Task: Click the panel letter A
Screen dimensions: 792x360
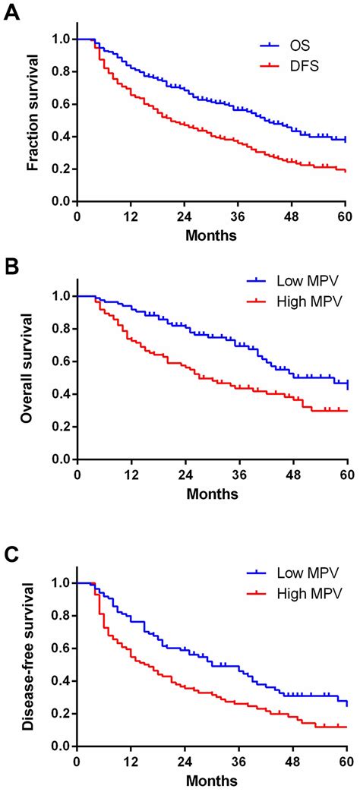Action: (11, 13)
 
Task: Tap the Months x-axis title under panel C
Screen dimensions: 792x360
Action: (212, 781)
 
